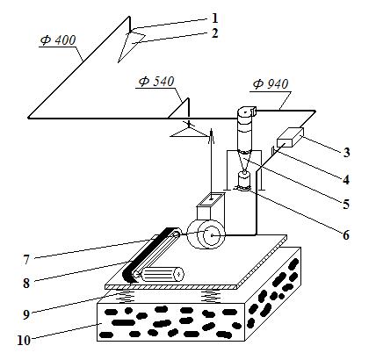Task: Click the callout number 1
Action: (x=215, y=18)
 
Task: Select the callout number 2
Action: (x=215, y=33)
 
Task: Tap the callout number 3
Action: (x=346, y=153)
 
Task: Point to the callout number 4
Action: (x=346, y=179)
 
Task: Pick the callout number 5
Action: (x=346, y=204)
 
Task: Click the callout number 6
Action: (x=346, y=234)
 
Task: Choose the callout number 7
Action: (x=26, y=260)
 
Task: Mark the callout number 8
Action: (x=26, y=283)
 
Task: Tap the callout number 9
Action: (x=26, y=314)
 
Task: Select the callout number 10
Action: (x=24, y=341)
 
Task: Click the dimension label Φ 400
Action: (x=58, y=40)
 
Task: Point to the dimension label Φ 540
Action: (x=156, y=82)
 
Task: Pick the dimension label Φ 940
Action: (x=271, y=84)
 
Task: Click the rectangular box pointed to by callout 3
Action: (x=290, y=137)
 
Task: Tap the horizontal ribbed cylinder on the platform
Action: (x=162, y=274)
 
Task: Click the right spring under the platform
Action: (x=210, y=296)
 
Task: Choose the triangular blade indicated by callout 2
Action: (x=131, y=46)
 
